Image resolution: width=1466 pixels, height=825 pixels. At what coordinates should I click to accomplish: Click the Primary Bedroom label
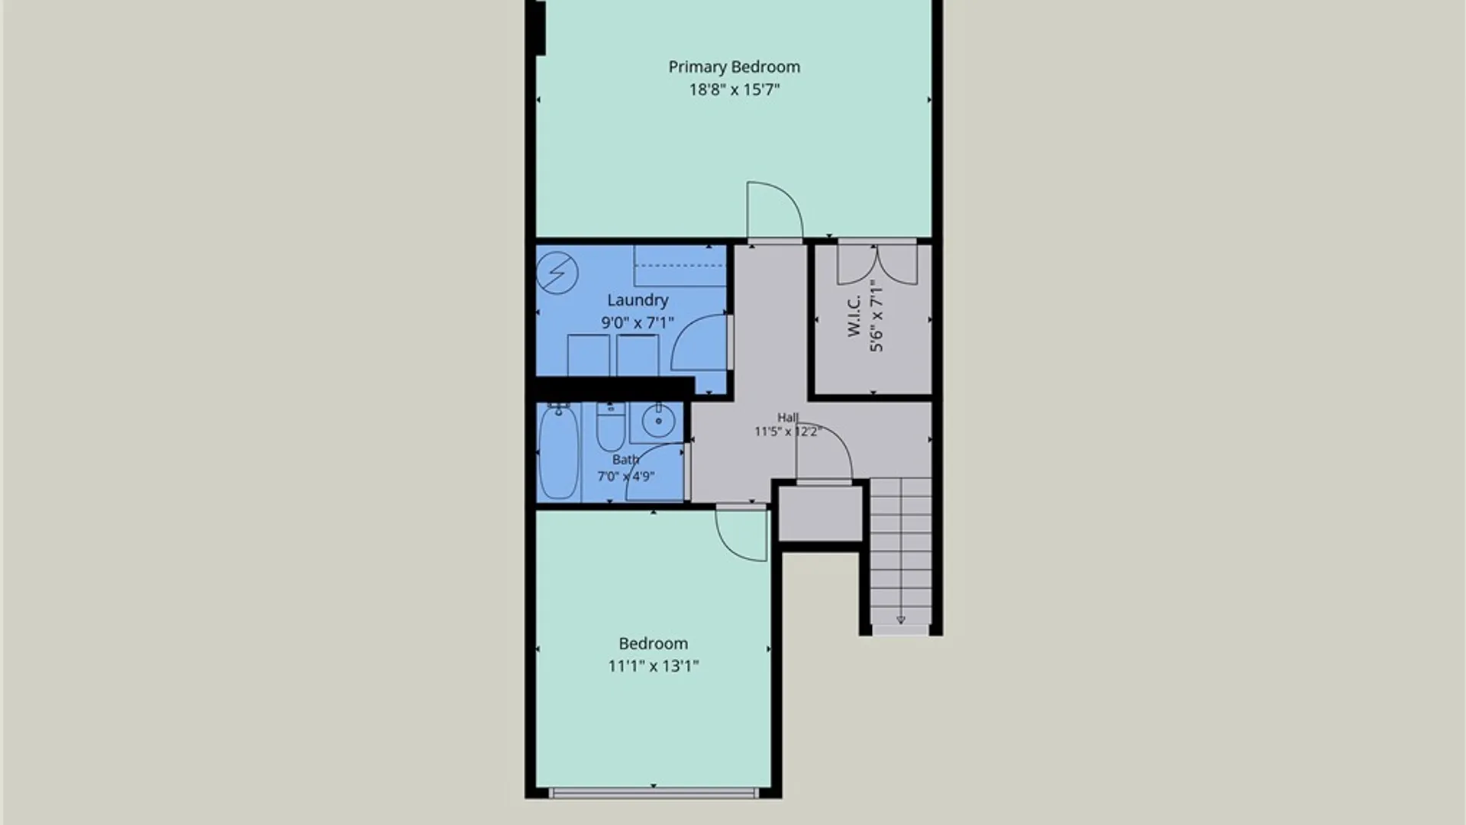click(x=734, y=67)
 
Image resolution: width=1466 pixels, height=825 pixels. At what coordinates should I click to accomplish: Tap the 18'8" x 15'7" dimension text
click(x=734, y=90)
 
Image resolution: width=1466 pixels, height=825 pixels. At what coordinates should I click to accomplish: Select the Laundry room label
click(x=638, y=301)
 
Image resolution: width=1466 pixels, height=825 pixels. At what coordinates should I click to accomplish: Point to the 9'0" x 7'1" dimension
click(x=638, y=323)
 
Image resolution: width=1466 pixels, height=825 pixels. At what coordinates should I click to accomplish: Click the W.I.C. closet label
click(x=854, y=316)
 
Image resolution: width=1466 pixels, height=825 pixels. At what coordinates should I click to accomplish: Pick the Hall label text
click(x=787, y=417)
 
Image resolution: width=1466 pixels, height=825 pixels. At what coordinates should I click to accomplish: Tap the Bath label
click(x=625, y=460)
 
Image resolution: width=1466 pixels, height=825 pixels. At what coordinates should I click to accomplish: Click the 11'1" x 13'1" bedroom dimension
click(x=653, y=666)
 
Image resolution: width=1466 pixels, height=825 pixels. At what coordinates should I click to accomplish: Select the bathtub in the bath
click(x=559, y=452)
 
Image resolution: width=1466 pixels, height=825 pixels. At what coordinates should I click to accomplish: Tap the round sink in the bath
click(x=657, y=420)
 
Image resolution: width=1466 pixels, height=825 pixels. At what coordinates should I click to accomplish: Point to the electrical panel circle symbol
click(x=557, y=273)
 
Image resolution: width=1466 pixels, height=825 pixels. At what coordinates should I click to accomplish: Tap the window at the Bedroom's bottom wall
click(x=654, y=794)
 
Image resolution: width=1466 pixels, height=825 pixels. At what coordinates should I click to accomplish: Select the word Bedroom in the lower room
click(x=653, y=644)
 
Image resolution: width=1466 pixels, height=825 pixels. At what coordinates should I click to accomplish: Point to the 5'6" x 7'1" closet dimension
click(x=877, y=316)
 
